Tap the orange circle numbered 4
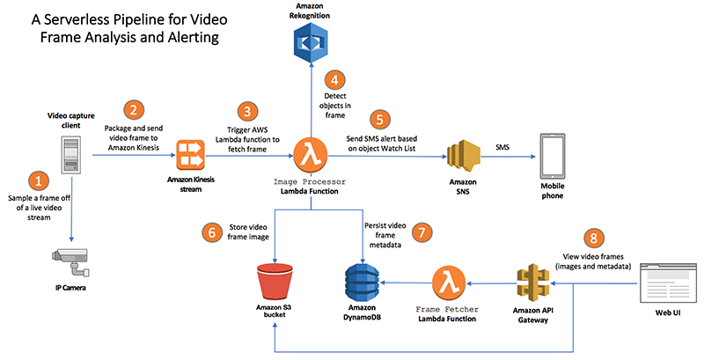pos(334,80)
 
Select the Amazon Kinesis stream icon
pos(190,155)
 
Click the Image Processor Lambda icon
pos(311,155)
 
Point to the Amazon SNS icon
pos(464,156)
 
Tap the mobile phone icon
pos(553,156)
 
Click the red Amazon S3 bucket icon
pos(275,283)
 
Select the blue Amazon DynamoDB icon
pos(362,283)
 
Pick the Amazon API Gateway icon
pos(533,283)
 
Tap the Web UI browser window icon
pos(668,283)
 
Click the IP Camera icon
pos(70,262)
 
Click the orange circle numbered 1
pos(38,182)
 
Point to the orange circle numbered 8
pos(593,239)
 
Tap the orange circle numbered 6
pos(212,232)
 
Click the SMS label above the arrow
pos(502,147)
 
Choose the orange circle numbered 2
pos(134,110)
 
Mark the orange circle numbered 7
pos(422,232)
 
